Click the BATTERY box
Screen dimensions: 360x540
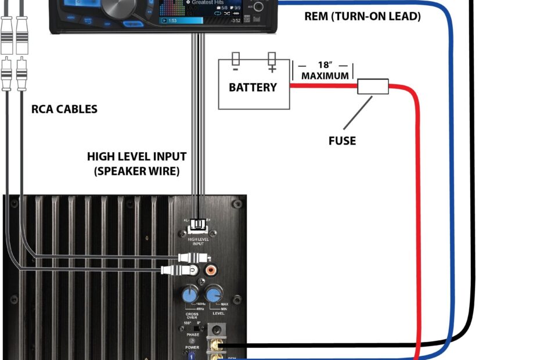253,87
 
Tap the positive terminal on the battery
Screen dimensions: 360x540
271,60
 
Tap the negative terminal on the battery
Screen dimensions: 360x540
236,60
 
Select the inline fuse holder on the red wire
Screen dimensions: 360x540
372,87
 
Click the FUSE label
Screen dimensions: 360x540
342,141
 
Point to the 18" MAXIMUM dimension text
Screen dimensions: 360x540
325,70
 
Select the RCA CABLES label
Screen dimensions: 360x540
64,109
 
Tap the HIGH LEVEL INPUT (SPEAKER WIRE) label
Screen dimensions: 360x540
136,164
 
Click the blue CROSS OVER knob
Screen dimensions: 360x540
190,294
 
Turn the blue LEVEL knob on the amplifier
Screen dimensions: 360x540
215,294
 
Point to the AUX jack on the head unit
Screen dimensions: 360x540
258,7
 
